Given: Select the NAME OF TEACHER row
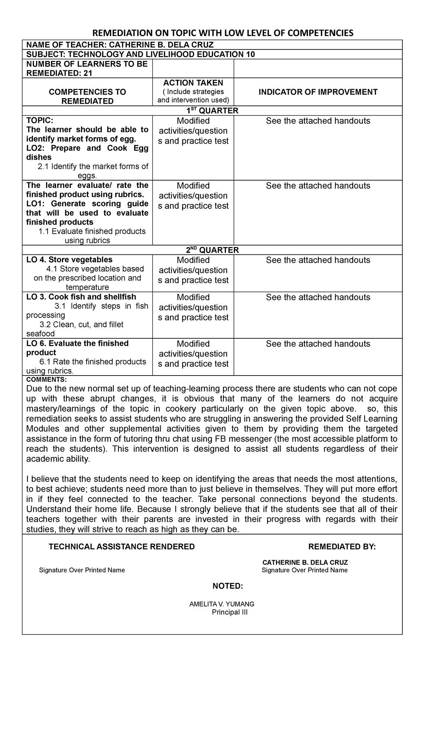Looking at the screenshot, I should (x=120, y=45).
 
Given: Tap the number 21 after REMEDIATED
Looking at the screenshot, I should (x=88, y=73).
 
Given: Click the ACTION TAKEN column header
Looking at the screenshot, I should (x=193, y=83).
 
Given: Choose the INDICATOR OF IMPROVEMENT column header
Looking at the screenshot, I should (x=318, y=92).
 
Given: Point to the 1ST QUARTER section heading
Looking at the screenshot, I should (x=212, y=111).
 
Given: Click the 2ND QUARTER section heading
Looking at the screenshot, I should (x=212, y=250).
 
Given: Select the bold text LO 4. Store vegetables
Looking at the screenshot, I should (x=69, y=260).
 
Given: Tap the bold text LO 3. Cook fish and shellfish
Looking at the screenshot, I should (x=81, y=297).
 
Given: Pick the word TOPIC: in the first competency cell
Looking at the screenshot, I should (x=40, y=120).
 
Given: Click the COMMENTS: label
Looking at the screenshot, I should (x=46, y=380).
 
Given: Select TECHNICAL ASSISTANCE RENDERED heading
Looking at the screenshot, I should (x=122, y=546).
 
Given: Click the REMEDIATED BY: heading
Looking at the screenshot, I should (x=342, y=546).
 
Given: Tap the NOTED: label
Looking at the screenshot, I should (x=227, y=586).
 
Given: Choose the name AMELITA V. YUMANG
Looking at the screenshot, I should (x=222, y=604).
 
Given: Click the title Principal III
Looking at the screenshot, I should (x=229, y=612).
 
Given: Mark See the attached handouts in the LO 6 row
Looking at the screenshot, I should (x=318, y=344).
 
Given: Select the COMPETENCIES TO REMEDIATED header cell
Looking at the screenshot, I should (x=87, y=97).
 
